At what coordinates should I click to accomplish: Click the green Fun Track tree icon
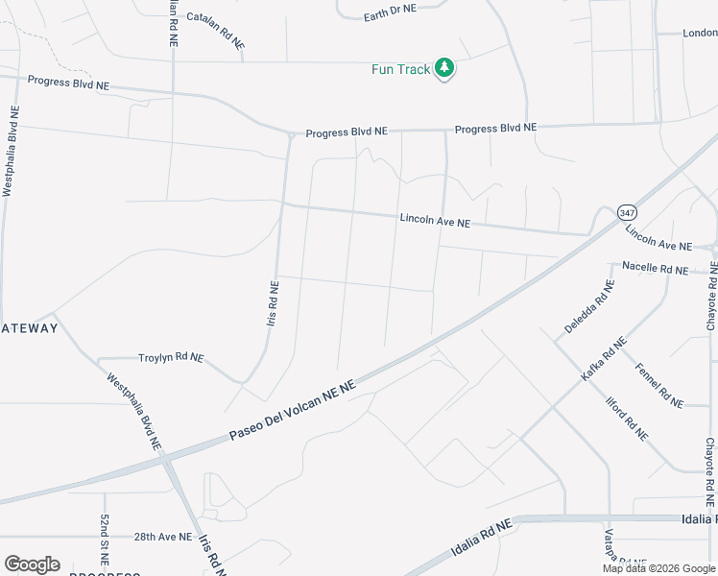click(x=443, y=68)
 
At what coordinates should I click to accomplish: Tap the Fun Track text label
click(x=400, y=69)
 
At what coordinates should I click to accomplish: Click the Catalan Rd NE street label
click(x=216, y=31)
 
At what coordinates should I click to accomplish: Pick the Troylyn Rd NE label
click(x=171, y=357)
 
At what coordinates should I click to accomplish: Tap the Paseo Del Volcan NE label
click(x=292, y=411)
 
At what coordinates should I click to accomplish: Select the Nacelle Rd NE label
click(x=655, y=268)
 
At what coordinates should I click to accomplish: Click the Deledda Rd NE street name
click(x=589, y=306)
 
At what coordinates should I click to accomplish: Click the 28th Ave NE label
click(x=162, y=537)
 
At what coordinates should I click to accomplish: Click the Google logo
click(x=32, y=564)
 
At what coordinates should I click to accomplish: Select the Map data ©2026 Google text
click(x=658, y=568)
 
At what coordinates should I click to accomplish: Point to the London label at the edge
click(x=700, y=33)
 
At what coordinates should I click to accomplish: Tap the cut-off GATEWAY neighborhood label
click(x=30, y=328)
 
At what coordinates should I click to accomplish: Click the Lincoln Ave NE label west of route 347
click(x=435, y=222)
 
